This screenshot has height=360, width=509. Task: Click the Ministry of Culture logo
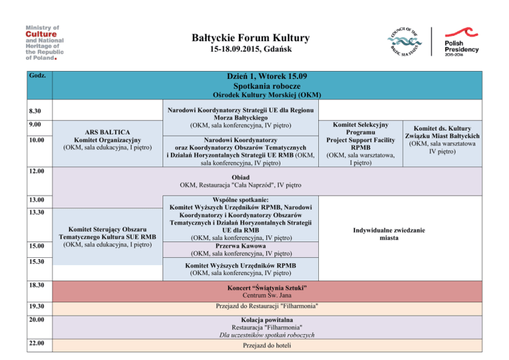pyautogui.click(x=44, y=43)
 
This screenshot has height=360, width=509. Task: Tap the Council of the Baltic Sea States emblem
pyautogui.click(x=404, y=42)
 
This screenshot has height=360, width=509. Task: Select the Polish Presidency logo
pyautogui.click(x=461, y=42)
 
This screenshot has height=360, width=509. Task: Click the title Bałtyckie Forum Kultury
pyautogui.click(x=251, y=38)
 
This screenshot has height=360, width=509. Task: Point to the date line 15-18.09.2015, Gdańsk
pyautogui.click(x=251, y=49)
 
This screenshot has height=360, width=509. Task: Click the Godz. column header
pyautogui.click(x=37, y=76)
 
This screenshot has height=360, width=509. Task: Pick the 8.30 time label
pyautogui.click(x=35, y=111)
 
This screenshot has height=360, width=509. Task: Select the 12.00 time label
pyautogui.click(x=36, y=171)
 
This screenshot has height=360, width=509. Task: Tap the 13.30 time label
pyautogui.click(x=36, y=212)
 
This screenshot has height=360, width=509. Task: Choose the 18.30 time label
pyautogui.click(x=36, y=285)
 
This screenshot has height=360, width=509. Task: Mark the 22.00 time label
pyautogui.click(x=36, y=343)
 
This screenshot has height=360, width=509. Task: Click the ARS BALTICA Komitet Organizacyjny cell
pyautogui.click(x=107, y=143)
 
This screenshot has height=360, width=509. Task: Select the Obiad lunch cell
pyautogui.click(x=267, y=181)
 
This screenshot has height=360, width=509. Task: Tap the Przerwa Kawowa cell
pyautogui.click(x=241, y=250)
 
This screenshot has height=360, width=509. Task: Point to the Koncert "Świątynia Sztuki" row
pyautogui.click(x=267, y=292)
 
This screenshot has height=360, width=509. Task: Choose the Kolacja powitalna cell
pyautogui.click(x=267, y=328)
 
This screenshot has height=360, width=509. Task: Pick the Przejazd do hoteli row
pyautogui.click(x=267, y=345)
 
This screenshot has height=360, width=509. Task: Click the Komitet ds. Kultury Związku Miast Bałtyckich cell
pyautogui.click(x=442, y=143)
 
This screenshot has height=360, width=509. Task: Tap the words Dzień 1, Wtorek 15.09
pyautogui.click(x=267, y=76)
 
